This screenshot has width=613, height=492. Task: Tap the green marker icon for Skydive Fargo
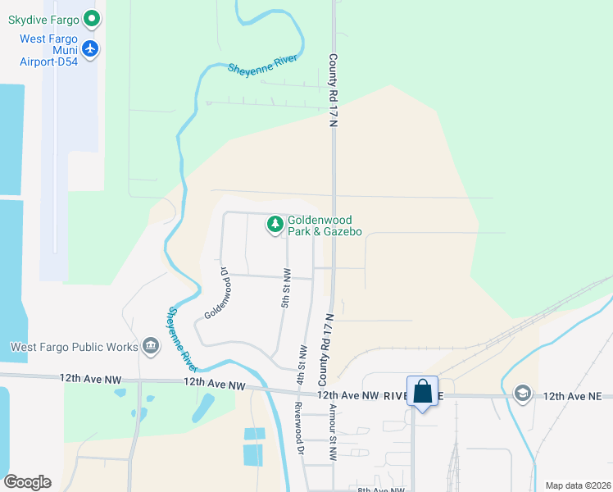92,17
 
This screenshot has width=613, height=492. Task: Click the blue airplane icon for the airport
90,49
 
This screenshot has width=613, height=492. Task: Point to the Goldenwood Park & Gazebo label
325,225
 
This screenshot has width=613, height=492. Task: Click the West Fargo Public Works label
74,347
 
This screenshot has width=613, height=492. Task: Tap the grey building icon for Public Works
151,347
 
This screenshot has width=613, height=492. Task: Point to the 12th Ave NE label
572,396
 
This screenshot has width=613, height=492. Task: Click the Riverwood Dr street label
300,426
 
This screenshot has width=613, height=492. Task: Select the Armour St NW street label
333,431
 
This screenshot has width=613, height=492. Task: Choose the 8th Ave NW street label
381,490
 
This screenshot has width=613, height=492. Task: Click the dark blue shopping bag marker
423,391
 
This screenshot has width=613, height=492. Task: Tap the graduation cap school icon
522,394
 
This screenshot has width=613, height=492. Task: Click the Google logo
27,482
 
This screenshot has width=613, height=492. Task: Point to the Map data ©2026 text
578,485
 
